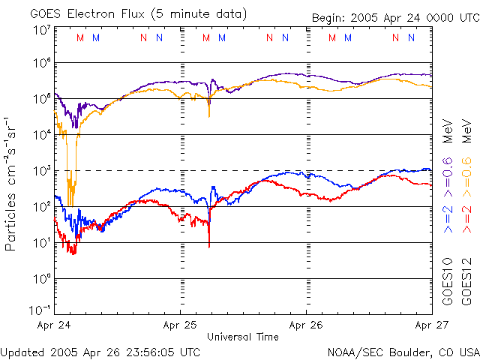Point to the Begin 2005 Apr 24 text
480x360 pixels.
(x=394, y=19)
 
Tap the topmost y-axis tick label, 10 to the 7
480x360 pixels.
(x=41, y=30)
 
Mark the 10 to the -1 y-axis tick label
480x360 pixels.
(x=40, y=309)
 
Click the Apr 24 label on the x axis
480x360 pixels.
(x=53, y=325)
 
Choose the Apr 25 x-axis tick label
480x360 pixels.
(x=180, y=325)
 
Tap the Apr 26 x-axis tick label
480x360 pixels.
(x=306, y=325)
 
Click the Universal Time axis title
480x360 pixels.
(x=243, y=337)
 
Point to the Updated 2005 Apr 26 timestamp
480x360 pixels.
(x=100, y=351)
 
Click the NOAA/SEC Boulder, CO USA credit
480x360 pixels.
(x=403, y=351)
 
